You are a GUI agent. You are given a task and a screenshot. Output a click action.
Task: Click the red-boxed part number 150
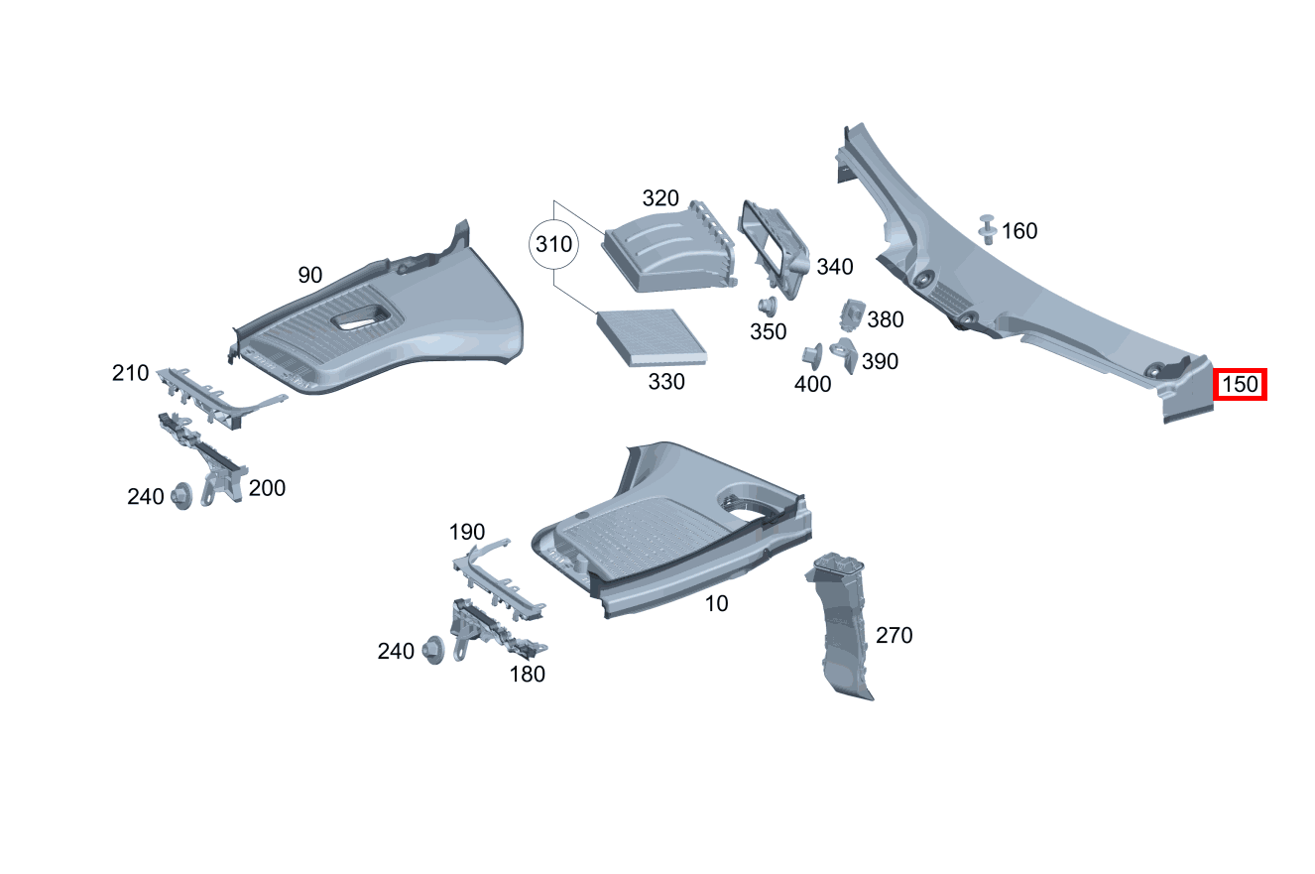point(1240,385)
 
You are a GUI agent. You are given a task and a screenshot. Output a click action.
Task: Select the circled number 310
point(553,244)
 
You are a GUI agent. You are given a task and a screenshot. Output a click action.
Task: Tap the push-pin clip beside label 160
point(988,229)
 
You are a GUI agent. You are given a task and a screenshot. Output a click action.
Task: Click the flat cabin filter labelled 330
point(652,337)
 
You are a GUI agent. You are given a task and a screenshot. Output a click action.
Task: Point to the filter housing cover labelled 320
point(669,248)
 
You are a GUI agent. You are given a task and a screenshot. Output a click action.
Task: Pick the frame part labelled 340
point(774,248)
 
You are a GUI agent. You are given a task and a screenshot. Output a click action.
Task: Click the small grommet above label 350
point(767,307)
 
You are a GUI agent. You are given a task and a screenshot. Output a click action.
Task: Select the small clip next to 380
point(853,314)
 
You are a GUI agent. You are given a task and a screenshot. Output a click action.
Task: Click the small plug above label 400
point(812,357)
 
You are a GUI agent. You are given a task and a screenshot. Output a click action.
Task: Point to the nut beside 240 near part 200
point(181,496)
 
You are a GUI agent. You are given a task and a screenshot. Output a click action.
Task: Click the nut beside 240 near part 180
point(433,650)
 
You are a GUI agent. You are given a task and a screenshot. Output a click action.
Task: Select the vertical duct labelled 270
point(838,626)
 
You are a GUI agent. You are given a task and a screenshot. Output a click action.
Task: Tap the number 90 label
point(310,275)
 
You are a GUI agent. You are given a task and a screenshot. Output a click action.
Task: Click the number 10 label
point(716,603)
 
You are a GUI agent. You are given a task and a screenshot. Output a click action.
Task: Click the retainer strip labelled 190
point(498,579)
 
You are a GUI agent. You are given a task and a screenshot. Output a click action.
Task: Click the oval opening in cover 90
point(359,317)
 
